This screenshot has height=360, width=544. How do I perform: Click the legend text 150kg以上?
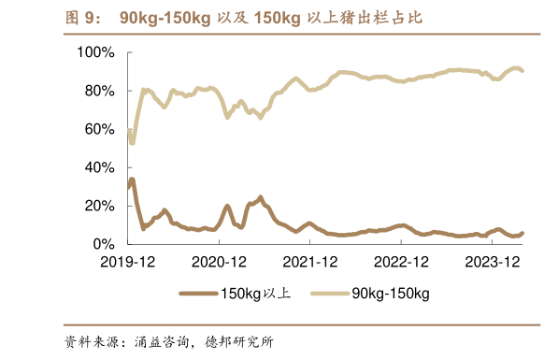click(x=255, y=294)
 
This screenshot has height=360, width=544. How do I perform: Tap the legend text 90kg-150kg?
click(x=391, y=294)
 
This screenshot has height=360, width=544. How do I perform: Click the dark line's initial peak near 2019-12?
click(x=132, y=180)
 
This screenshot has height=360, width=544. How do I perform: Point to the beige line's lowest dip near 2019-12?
click(x=132, y=142)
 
